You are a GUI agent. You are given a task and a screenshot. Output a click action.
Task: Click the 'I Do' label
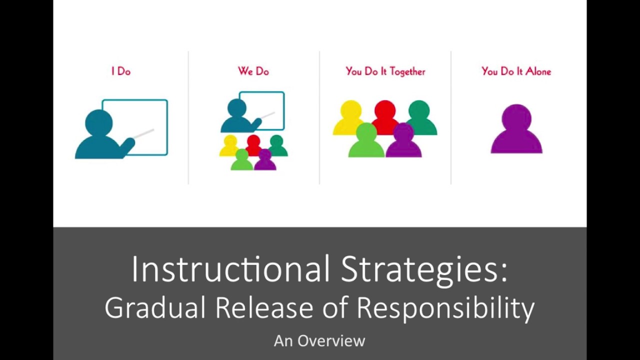(x=121, y=71)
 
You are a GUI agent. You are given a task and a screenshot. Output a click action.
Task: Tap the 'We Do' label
(x=253, y=71)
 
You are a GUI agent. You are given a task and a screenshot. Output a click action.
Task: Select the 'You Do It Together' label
(x=385, y=71)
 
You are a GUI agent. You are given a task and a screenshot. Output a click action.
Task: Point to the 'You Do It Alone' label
(x=516, y=71)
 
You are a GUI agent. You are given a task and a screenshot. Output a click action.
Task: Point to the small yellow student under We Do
(x=229, y=146)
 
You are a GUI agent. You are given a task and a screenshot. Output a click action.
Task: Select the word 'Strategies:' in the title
(x=424, y=270)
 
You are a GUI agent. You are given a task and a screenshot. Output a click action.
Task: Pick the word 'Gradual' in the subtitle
(x=155, y=308)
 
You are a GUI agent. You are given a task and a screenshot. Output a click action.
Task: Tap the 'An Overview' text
(x=319, y=341)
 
